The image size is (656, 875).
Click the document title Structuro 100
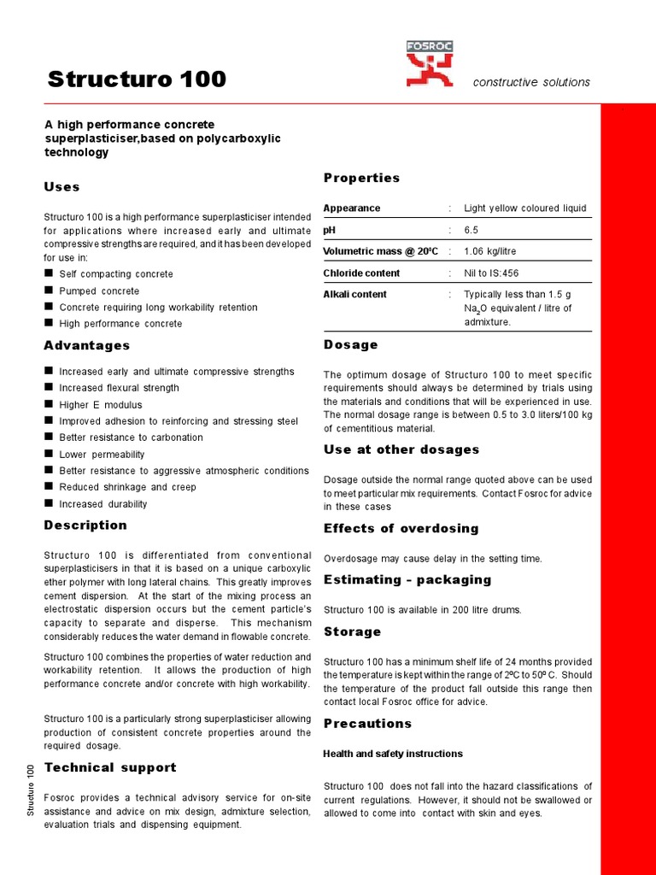click(137, 79)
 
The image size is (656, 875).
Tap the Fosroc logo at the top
click(430, 65)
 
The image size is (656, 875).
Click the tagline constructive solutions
click(530, 82)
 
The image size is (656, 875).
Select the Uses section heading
click(61, 186)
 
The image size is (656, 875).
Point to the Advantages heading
click(86, 345)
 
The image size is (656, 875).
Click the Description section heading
click(85, 525)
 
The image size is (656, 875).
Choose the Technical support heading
click(110, 767)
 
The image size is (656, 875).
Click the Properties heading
click(361, 178)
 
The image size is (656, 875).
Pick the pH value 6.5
click(472, 230)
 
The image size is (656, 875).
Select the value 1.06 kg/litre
click(489, 251)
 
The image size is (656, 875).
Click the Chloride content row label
click(361, 273)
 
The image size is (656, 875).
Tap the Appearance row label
click(352, 208)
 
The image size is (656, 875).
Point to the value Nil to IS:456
click(490, 273)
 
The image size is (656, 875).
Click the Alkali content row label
click(354, 294)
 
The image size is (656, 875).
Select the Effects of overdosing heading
click(401, 528)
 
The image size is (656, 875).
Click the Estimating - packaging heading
click(407, 579)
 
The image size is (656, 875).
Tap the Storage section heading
click(352, 631)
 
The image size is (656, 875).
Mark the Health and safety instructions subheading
click(392, 754)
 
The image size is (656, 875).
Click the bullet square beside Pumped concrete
click(49, 291)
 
